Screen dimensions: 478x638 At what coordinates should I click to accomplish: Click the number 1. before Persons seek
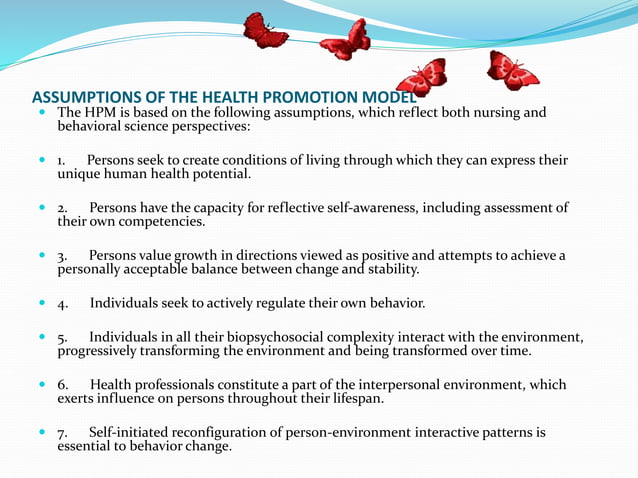62,161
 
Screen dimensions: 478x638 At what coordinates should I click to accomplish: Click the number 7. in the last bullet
62,433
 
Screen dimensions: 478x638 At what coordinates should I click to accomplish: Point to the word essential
86,446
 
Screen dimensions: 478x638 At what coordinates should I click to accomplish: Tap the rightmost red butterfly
512,71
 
